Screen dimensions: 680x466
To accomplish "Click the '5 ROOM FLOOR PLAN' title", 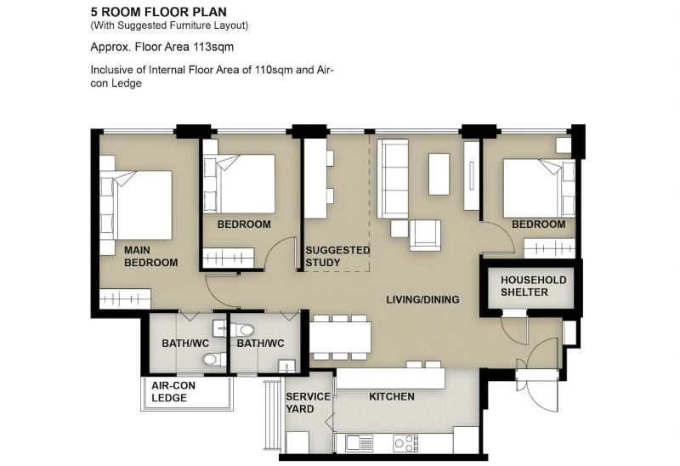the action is [x=159, y=12].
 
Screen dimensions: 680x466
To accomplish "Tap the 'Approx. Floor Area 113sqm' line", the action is [x=162, y=47].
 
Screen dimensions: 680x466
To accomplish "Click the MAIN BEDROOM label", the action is [x=151, y=257].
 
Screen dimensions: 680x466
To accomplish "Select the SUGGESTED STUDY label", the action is [x=337, y=257].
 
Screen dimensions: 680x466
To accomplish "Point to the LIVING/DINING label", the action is [x=422, y=299].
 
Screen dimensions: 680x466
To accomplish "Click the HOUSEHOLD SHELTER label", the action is [x=534, y=286].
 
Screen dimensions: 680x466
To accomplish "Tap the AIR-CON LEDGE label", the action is [x=173, y=392].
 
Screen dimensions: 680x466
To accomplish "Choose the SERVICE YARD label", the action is [x=308, y=403].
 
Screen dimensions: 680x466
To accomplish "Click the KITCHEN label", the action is [x=392, y=396].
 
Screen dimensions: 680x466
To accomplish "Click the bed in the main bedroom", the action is [x=136, y=205].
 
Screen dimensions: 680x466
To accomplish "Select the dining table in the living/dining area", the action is [x=340, y=337].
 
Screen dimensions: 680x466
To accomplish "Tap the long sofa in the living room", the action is [x=393, y=179].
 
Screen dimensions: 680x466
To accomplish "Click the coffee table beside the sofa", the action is [x=439, y=174].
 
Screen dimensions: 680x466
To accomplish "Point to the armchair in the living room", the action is [x=425, y=236].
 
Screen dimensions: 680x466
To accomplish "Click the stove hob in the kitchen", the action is [x=406, y=443].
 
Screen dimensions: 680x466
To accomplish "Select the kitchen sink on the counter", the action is [x=360, y=443].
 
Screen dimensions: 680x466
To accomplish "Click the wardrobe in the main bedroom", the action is [x=125, y=299].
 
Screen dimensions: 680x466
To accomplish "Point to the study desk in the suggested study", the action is [x=315, y=179].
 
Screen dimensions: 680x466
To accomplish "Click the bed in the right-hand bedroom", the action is [x=539, y=188].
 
